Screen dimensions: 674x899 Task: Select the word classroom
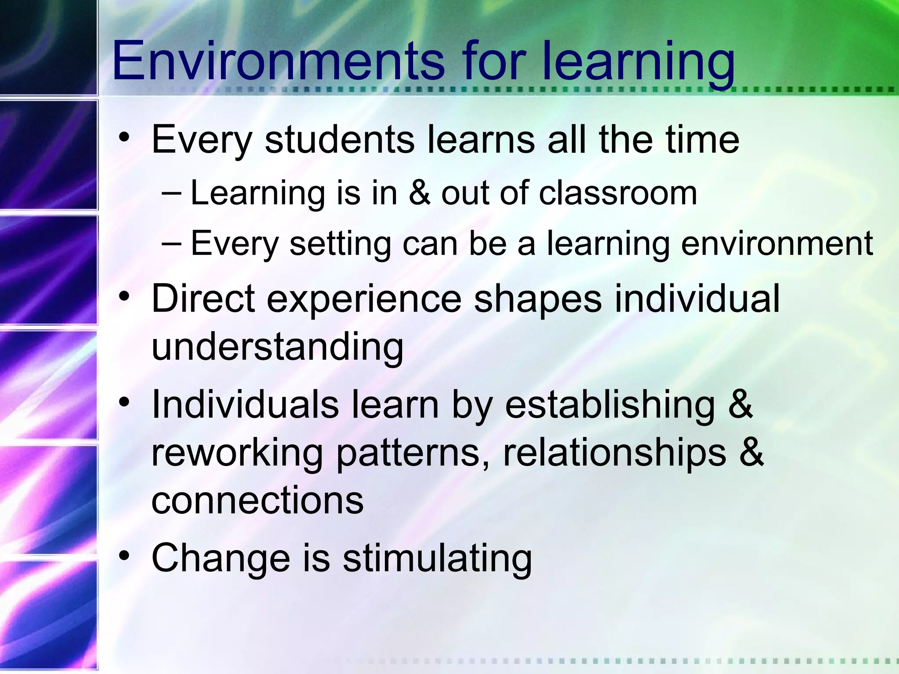(x=618, y=193)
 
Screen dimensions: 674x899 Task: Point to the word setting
(x=340, y=244)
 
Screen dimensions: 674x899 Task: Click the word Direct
(x=203, y=298)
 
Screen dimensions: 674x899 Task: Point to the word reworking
(x=237, y=454)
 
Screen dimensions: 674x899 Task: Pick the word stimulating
(x=437, y=559)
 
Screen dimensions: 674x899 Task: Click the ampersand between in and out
(x=419, y=193)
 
